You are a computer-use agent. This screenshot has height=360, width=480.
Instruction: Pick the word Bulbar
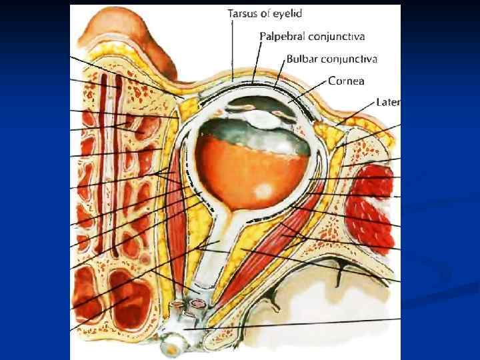tap(302, 59)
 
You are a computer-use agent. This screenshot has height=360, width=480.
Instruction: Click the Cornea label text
tap(346, 81)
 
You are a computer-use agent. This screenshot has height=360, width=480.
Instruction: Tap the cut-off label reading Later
tap(387, 103)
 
